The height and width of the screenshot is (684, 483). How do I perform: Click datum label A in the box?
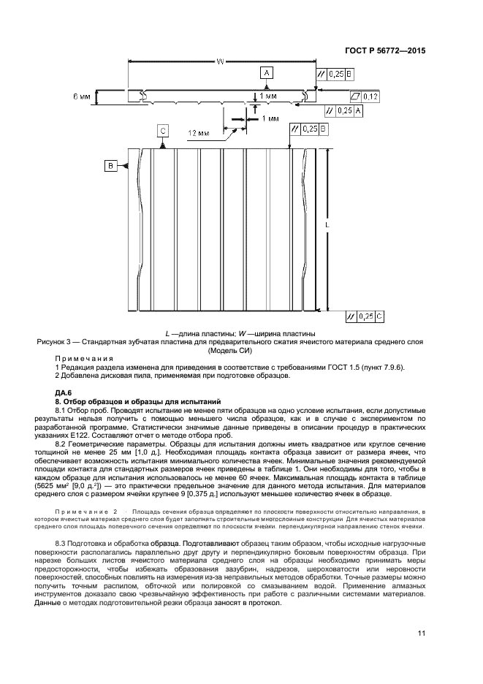point(267,73)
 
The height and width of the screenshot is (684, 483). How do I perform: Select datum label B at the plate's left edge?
point(112,166)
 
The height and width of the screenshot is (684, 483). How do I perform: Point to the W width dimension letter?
point(219,62)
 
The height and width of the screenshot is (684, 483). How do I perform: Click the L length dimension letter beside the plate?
point(327,227)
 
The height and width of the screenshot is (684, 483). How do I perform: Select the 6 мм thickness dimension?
point(81,96)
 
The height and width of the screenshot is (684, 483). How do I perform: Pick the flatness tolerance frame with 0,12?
point(365,96)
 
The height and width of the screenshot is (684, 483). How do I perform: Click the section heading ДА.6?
point(65,394)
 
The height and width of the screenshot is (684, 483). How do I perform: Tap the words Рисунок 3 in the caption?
point(53,341)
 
